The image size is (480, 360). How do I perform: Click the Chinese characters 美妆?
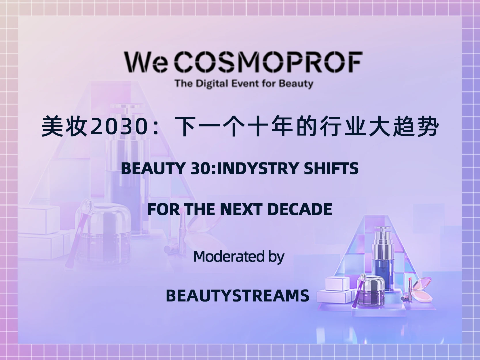point(64,127)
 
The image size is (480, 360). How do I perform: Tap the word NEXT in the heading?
point(241,209)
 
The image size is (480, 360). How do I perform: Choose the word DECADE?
point(300,209)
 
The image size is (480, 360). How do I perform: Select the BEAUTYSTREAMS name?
point(238,295)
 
